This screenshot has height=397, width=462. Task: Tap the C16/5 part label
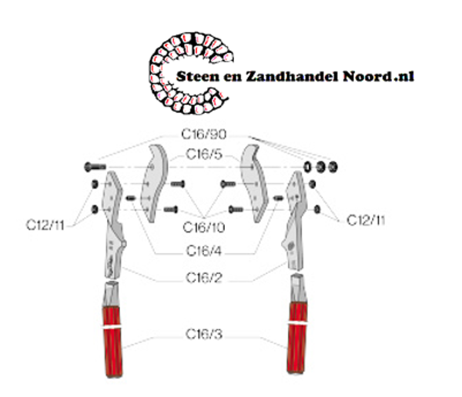point(204,155)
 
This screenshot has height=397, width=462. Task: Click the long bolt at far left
point(93,166)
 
